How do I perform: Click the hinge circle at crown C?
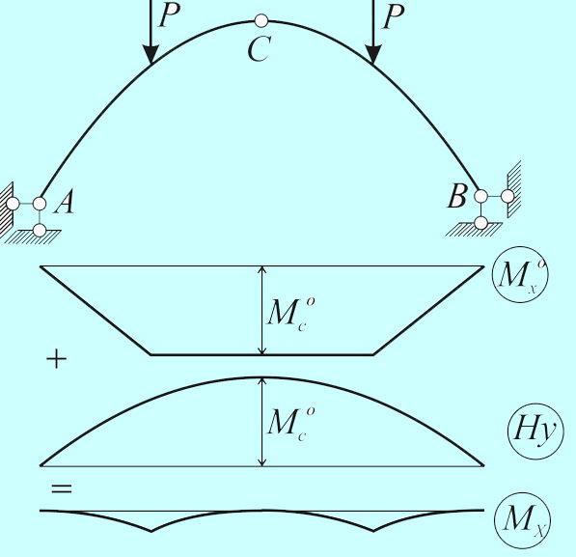coord(261,21)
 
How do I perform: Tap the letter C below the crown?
coord(260,49)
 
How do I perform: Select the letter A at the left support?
coord(65,202)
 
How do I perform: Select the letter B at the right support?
coord(457,195)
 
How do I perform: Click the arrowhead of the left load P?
coord(151,55)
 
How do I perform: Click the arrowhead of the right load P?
coord(373,55)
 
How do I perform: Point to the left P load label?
coord(169,15)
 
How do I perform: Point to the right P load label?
coord(393,16)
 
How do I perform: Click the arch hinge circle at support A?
coord(40,204)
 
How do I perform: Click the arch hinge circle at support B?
coord(480,196)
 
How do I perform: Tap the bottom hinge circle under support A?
coord(40,230)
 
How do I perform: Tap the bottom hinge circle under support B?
coord(480,223)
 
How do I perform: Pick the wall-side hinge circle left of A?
coord(13,204)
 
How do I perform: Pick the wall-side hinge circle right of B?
coord(507,196)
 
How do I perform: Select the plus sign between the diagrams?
coord(57,359)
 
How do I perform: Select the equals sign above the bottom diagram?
coord(62,489)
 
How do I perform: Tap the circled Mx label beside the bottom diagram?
coord(523,520)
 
